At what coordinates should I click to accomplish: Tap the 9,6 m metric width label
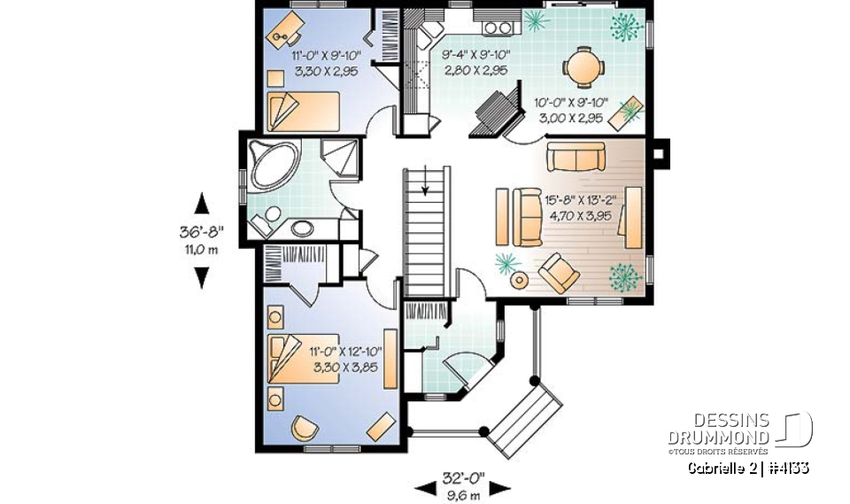coord(464,494)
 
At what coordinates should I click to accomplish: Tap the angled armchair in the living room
coord(560,271)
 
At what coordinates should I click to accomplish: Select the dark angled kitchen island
coord(490,113)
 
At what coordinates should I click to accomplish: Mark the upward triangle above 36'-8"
coord(202,205)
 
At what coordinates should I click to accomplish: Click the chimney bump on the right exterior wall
coord(660,152)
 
